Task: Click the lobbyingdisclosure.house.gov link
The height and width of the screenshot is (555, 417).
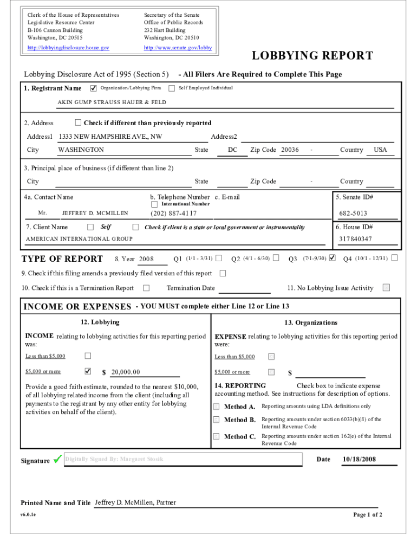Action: point(68,48)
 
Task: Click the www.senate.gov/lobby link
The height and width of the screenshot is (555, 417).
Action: point(178,48)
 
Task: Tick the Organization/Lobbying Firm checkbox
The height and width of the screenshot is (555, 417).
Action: point(94,88)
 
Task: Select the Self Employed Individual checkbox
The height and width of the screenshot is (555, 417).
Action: point(172,88)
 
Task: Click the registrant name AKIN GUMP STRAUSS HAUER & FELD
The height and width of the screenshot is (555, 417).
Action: point(112,102)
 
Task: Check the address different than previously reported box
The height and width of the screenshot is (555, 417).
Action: point(78,122)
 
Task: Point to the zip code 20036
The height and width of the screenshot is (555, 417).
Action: point(290,150)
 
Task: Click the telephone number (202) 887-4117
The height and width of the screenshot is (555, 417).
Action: point(174,213)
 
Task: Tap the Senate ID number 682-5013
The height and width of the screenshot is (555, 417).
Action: point(353,214)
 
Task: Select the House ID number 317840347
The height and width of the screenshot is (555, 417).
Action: point(355,239)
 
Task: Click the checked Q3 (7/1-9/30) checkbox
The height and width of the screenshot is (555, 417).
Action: point(333,257)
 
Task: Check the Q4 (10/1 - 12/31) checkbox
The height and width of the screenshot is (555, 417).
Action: point(394,257)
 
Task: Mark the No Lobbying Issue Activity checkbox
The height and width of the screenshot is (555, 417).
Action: point(386,288)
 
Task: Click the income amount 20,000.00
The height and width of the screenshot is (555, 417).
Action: point(126,372)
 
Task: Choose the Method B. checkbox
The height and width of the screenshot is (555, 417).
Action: point(217,420)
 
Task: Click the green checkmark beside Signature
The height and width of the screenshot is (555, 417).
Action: point(57,461)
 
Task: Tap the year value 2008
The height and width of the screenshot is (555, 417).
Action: point(147,259)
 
